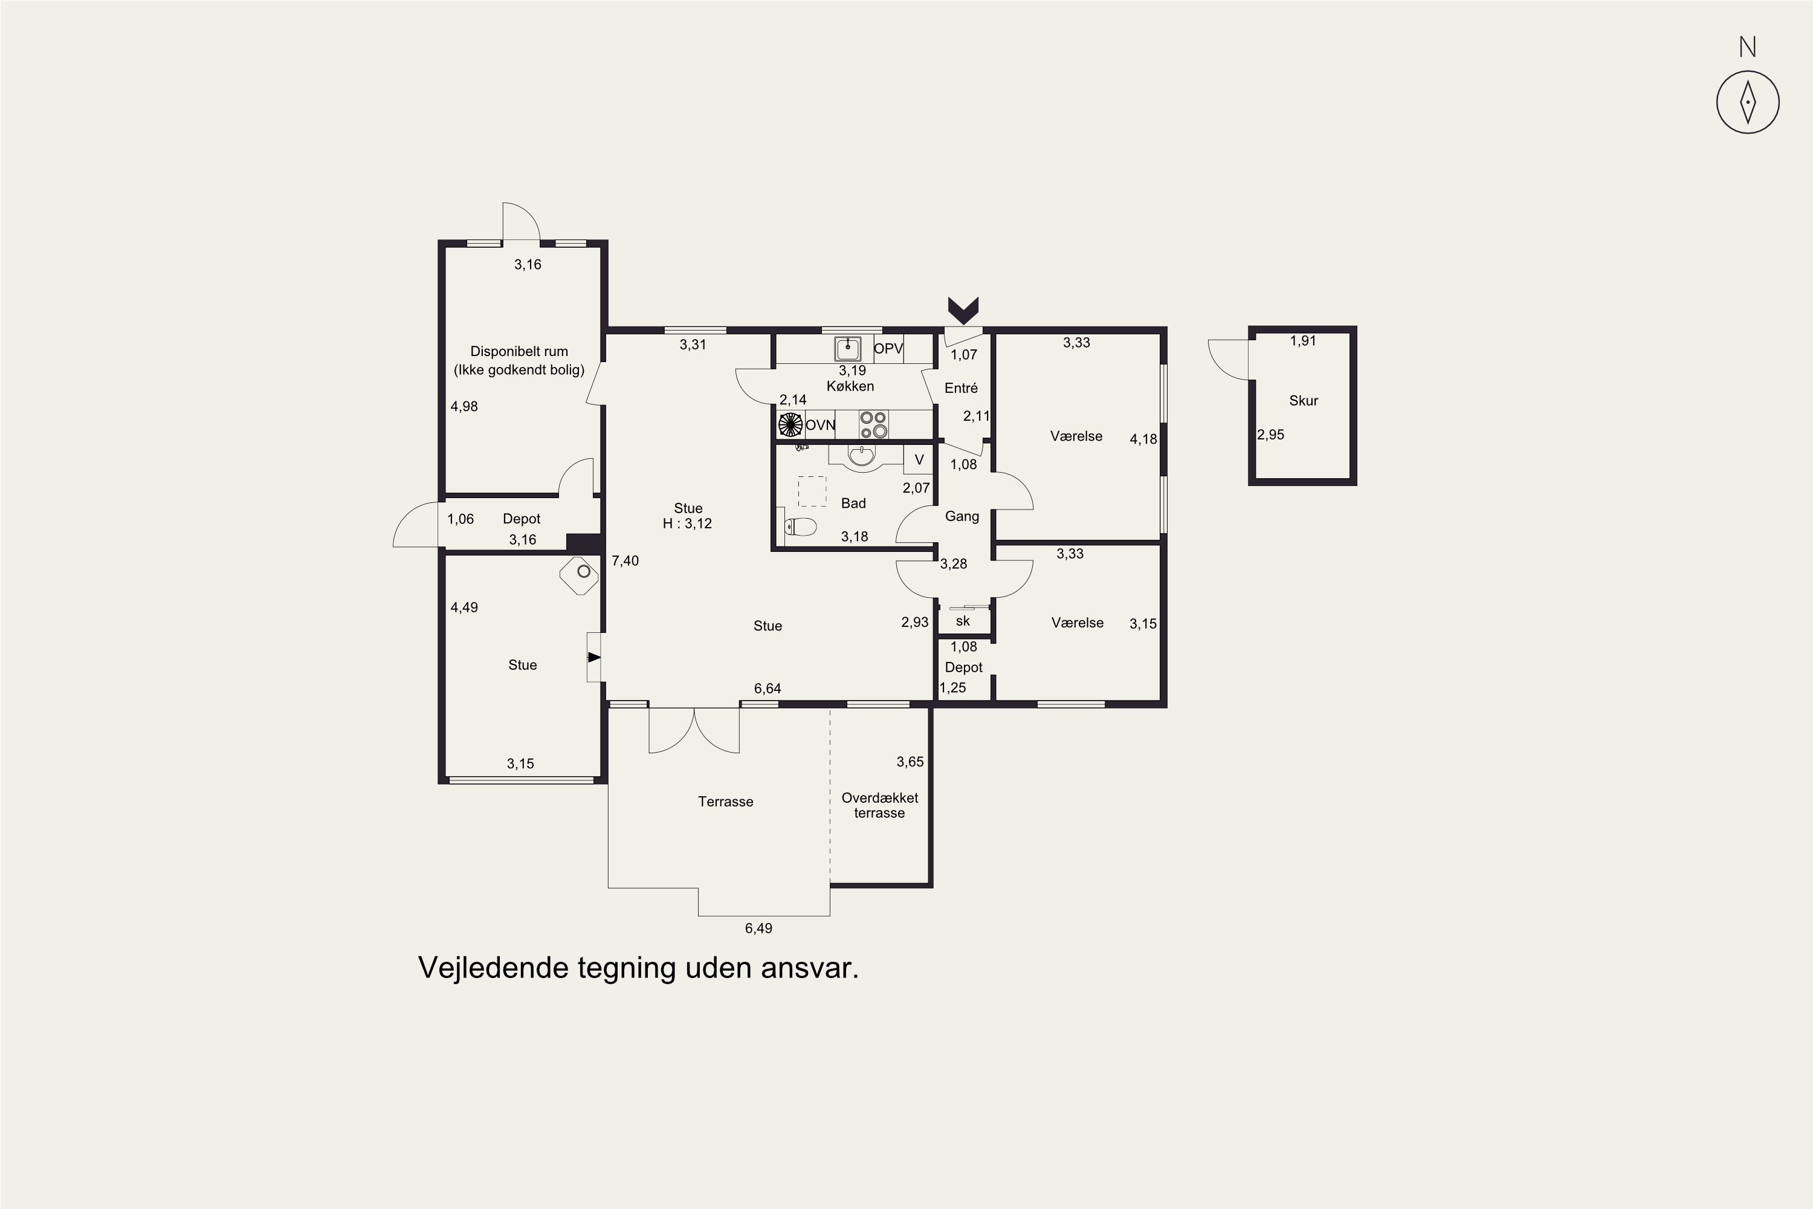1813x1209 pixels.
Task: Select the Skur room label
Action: click(1304, 400)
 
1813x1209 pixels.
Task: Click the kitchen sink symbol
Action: click(848, 349)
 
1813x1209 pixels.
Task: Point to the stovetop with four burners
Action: click(873, 425)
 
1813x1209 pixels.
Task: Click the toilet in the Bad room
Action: click(800, 527)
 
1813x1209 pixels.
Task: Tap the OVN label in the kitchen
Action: click(820, 425)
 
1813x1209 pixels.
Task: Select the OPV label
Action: click(888, 349)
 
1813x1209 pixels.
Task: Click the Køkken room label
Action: click(850, 386)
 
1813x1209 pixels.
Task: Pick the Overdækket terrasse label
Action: click(879, 805)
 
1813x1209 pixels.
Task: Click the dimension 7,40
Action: click(625, 560)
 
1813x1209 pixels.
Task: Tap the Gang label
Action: click(962, 516)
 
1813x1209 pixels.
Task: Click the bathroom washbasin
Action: click(862, 457)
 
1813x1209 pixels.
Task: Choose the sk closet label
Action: click(963, 621)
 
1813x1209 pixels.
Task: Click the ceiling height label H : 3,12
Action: click(688, 523)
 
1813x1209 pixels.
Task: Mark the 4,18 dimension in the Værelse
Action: click(1143, 439)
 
